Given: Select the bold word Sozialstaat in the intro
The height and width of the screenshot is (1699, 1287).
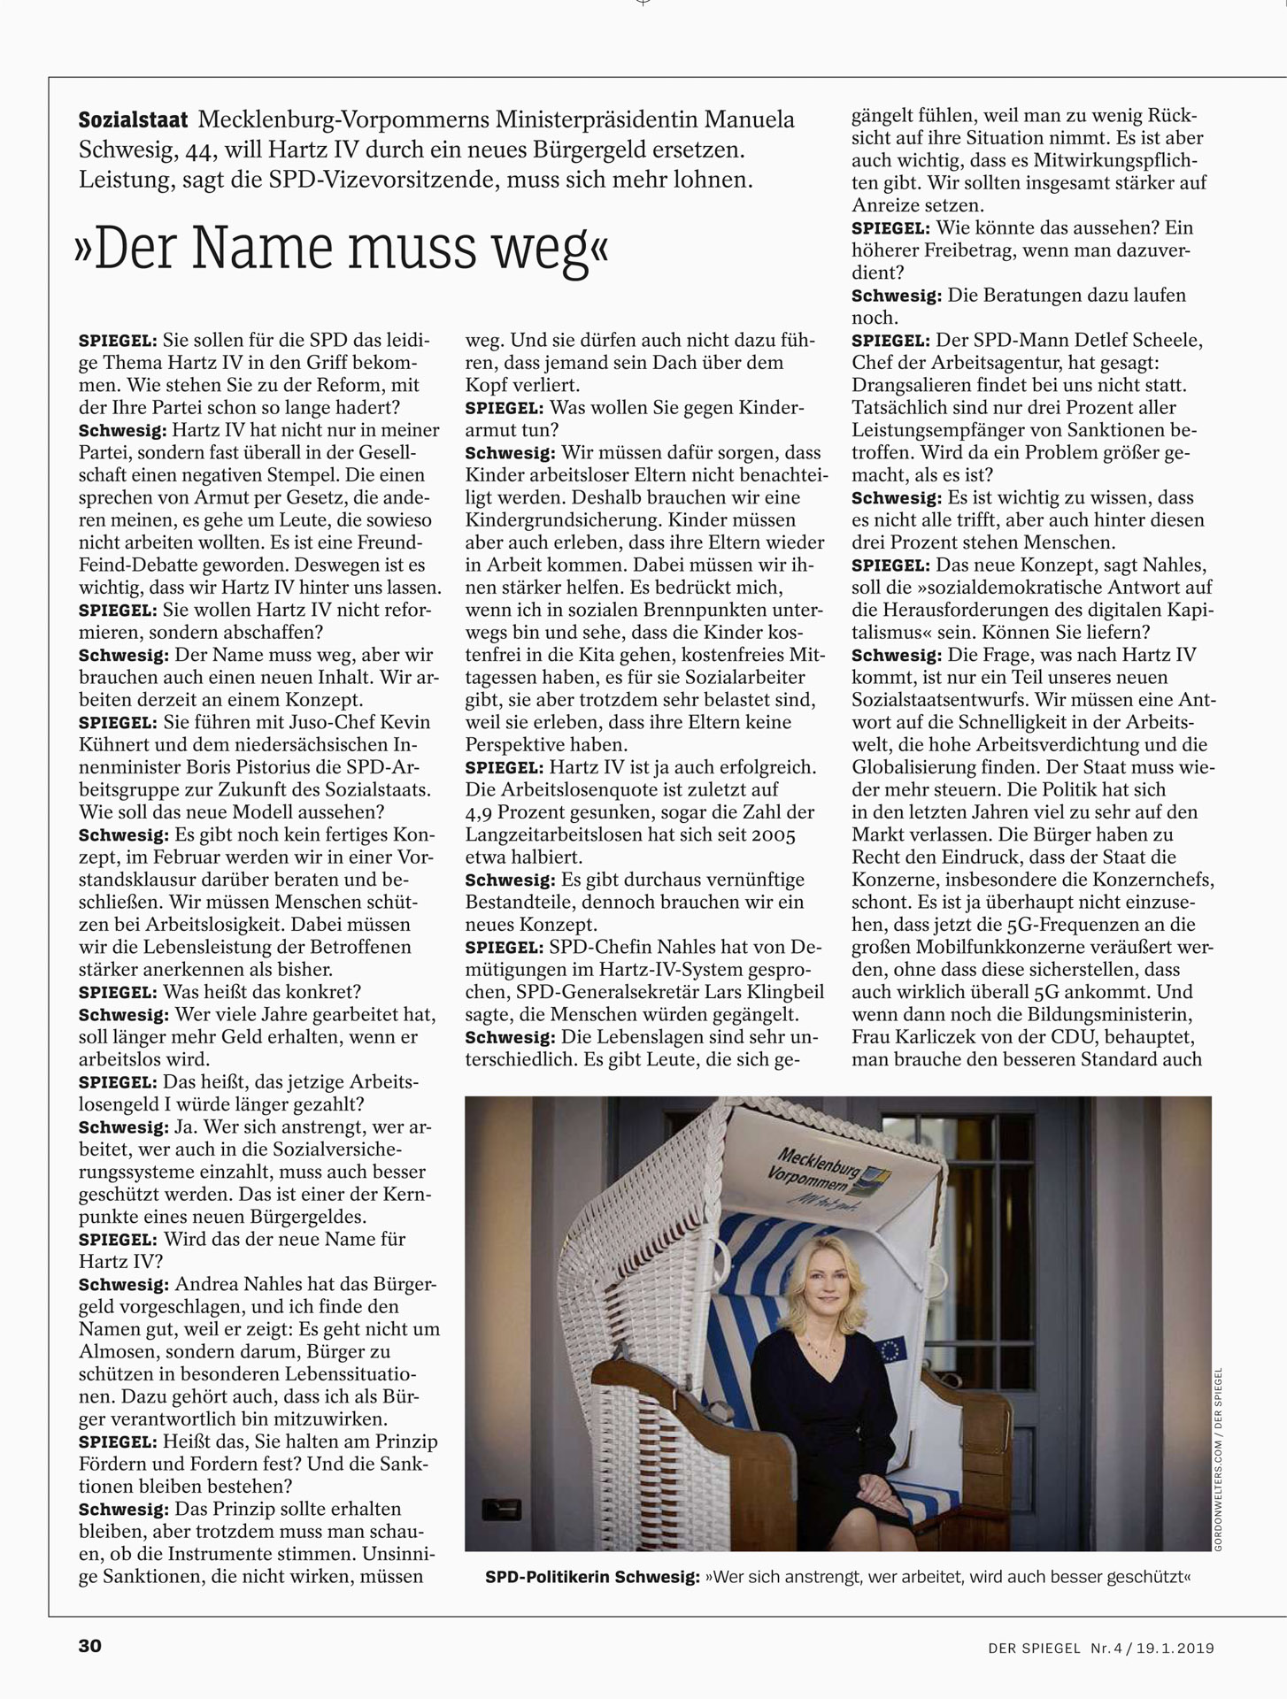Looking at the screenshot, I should coord(133,119).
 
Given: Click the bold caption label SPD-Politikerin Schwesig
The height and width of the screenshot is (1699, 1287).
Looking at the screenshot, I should coord(592,1577).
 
